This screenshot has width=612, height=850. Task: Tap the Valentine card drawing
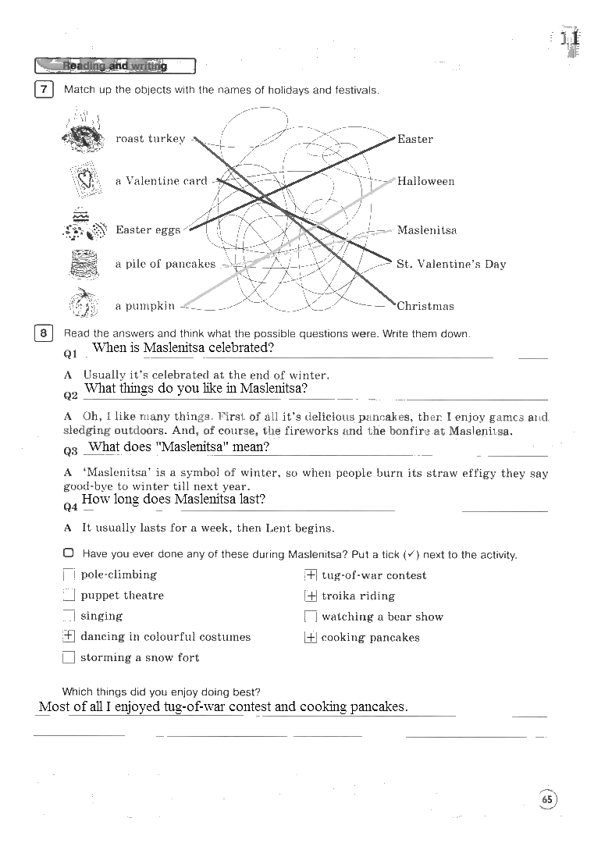(87, 180)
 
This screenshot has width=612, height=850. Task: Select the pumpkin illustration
(84, 303)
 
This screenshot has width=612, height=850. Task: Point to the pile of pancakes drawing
(84, 264)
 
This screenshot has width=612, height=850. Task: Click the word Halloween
(425, 182)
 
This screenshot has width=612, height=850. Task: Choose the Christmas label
(425, 306)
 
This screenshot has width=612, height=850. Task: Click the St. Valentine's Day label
(451, 265)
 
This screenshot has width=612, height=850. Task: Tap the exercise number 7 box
(44, 89)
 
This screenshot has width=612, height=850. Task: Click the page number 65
(547, 799)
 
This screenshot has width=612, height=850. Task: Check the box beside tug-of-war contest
(311, 575)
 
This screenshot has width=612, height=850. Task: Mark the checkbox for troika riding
(311, 596)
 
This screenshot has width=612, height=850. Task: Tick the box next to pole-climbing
(69, 575)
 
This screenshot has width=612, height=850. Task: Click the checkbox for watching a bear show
(311, 617)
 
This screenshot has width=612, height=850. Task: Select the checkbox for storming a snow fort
(69, 657)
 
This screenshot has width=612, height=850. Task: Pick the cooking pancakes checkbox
(311, 637)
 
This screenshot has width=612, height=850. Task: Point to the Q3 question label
(70, 451)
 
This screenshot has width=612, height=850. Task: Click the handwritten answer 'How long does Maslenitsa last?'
(173, 500)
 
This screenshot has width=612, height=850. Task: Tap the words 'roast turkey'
(151, 139)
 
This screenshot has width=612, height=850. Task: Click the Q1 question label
(70, 354)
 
